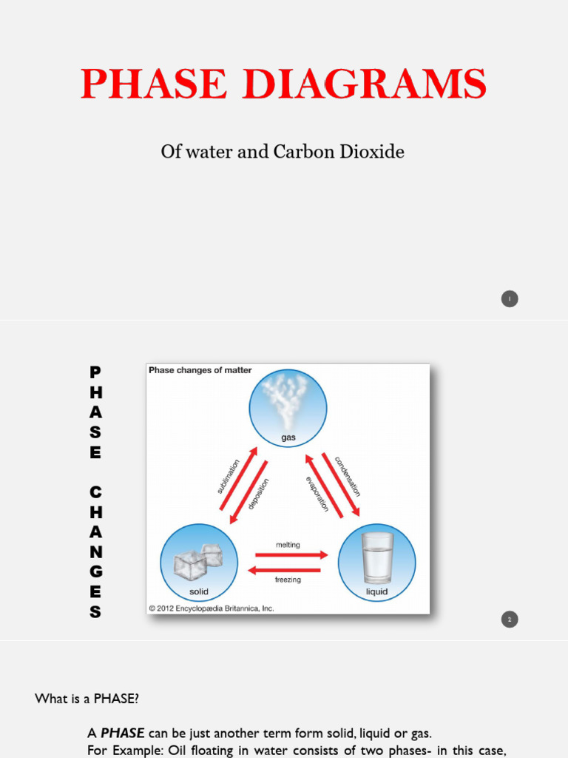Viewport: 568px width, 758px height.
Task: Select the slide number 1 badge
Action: coord(509,299)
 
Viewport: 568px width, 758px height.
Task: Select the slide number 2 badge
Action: coord(509,620)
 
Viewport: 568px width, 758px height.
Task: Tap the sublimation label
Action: coord(229,476)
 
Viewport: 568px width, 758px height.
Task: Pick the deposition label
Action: coord(258,494)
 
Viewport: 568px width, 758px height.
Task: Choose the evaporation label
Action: coord(316,493)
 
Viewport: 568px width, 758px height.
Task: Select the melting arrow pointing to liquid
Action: coord(291,554)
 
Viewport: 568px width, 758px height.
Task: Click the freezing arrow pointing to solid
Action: coord(285,570)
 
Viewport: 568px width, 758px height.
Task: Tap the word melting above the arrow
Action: coord(288,545)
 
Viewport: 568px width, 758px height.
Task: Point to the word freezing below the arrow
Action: coord(288,580)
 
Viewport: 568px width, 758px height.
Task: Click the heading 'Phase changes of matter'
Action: coord(200,370)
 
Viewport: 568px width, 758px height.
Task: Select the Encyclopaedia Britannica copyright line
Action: coord(212,608)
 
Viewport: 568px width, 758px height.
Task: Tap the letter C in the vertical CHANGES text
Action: coord(95,492)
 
